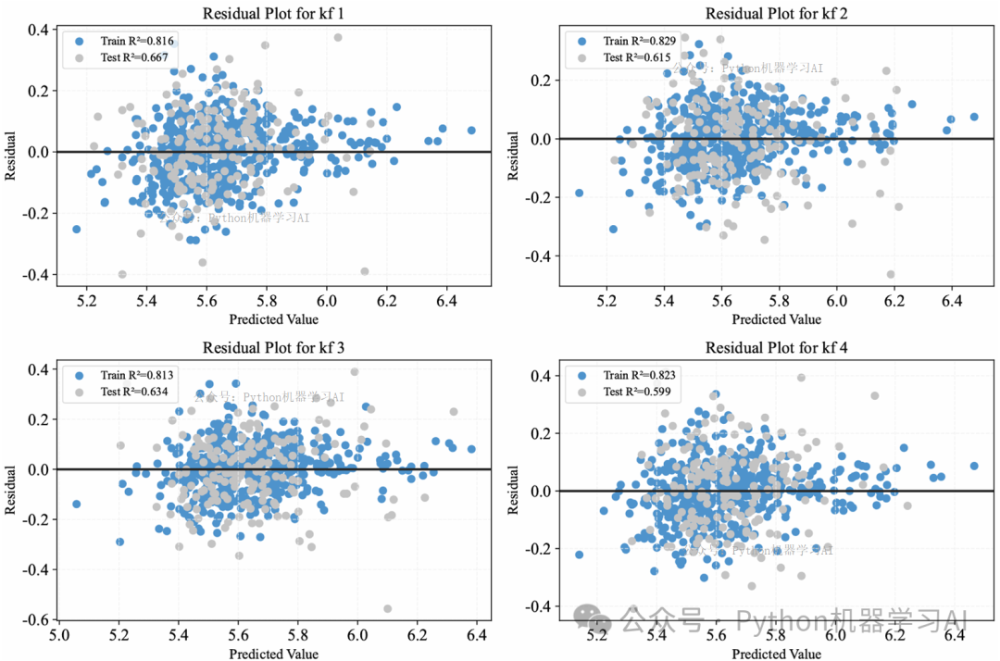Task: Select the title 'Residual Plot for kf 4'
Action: click(x=777, y=348)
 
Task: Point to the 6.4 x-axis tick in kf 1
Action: click(x=446, y=302)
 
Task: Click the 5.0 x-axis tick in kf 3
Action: click(x=58, y=637)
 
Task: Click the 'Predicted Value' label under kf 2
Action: click(x=776, y=319)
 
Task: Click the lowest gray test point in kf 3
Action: click(x=387, y=608)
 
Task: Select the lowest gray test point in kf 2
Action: click(x=891, y=274)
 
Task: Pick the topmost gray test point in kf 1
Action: click(x=338, y=37)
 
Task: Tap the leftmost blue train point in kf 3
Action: click(x=76, y=505)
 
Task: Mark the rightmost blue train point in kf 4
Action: click(x=973, y=466)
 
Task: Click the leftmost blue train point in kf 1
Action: click(x=76, y=229)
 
